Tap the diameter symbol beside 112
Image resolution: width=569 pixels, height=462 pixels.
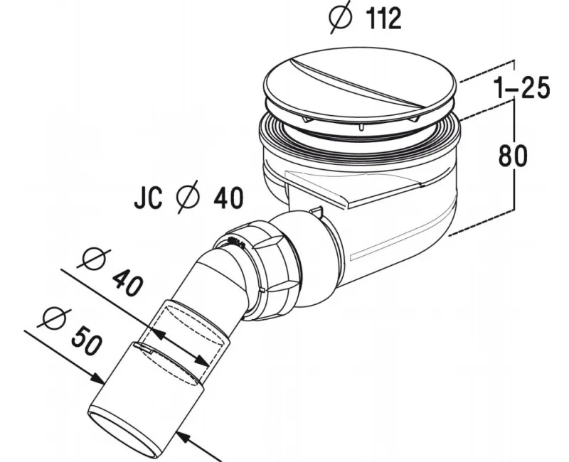(x=341, y=17)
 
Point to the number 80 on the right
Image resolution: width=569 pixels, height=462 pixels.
(x=513, y=155)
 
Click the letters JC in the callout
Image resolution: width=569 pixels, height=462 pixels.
(x=148, y=198)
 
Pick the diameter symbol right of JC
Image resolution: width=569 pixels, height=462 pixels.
(x=188, y=197)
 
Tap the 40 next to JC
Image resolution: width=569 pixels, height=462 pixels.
(x=228, y=198)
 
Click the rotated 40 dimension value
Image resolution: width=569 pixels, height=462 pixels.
(x=128, y=283)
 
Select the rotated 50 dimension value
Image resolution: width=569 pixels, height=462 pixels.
(x=85, y=340)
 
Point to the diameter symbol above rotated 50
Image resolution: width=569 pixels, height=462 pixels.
(x=55, y=318)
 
